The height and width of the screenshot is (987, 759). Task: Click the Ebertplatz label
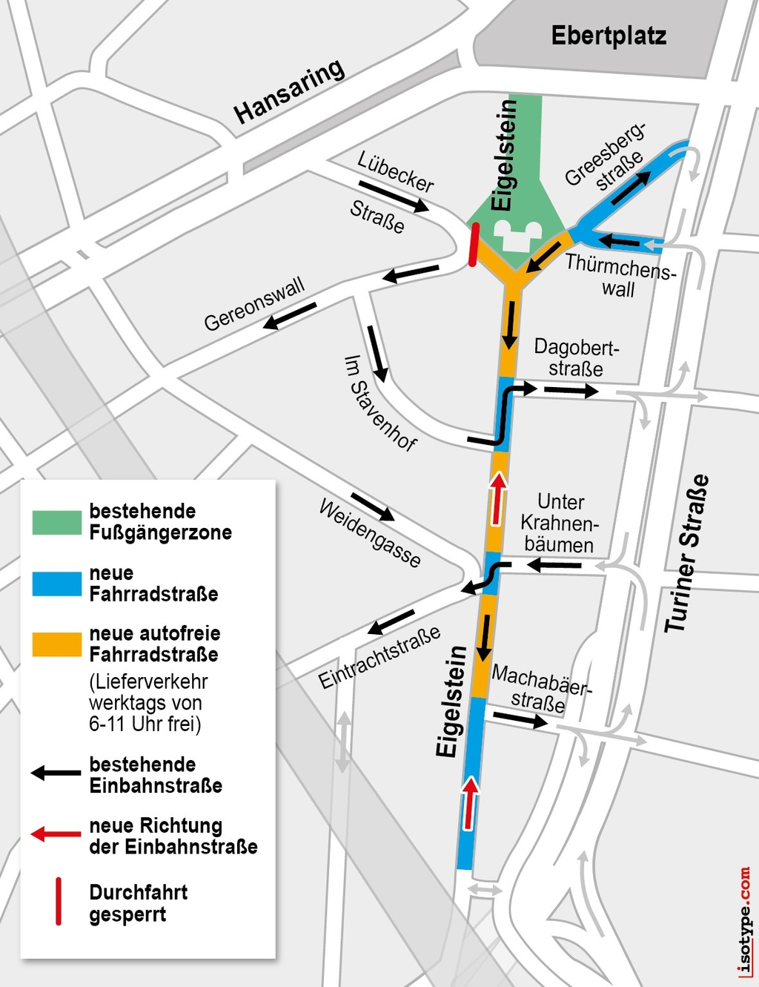(x=608, y=36)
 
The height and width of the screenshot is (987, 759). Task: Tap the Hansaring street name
(x=289, y=92)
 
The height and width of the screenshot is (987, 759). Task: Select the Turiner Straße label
(x=686, y=553)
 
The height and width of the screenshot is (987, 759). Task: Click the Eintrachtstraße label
(x=379, y=657)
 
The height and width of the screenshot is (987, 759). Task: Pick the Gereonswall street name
(x=254, y=304)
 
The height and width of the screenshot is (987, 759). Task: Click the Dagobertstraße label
(x=576, y=357)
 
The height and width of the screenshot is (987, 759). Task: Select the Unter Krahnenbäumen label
(x=560, y=523)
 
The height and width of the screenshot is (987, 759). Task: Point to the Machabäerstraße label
(x=541, y=688)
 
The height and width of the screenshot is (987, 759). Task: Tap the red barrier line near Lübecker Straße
(x=474, y=244)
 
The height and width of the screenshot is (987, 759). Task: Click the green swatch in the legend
(x=56, y=522)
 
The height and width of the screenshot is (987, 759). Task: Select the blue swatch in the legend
(x=56, y=584)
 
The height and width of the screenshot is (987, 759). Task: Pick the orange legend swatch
(x=56, y=644)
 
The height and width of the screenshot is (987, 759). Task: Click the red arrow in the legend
(x=56, y=834)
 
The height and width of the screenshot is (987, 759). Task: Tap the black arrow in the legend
(x=56, y=773)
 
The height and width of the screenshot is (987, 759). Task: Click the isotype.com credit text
(x=744, y=920)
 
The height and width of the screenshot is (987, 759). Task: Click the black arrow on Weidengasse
(x=373, y=506)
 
